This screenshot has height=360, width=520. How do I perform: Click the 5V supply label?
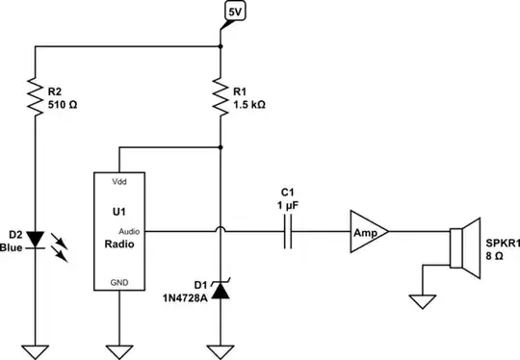point(235,12)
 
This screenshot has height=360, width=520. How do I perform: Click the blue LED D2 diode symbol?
point(36,238)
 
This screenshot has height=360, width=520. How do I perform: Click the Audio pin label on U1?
point(131,231)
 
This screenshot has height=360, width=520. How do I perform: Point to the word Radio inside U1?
point(119,244)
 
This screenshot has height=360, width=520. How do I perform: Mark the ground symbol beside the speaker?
point(421,301)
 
